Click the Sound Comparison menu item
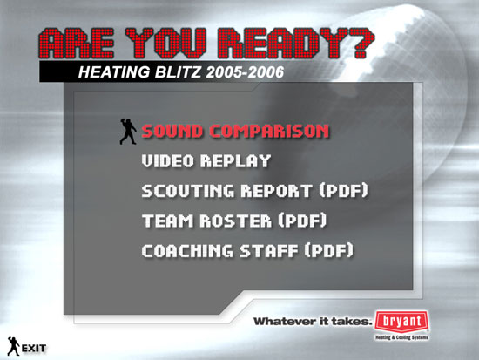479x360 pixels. pyautogui.click(x=235, y=132)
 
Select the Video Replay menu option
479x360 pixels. pyautogui.click(x=206, y=161)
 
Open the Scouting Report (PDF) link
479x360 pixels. pyautogui.click(x=255, y=191)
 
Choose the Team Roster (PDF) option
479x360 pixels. pyautogui.click(x=234, y=221)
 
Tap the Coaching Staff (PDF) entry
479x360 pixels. pyautogui.click(x=247, y=250)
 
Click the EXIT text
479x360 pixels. pyautogui.click(x=34, y=348)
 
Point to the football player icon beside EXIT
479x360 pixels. pyautogui.click(x=13, y=346)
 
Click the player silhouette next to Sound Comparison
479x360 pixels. pyautogui.click(x=128, y=132)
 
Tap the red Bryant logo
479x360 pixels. pyautogui.click(x=401, y=323)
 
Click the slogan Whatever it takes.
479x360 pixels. pyautogui.click(x=312, y=322)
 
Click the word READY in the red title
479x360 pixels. pyautogui.click(x=282, y=43)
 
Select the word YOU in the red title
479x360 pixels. pyautogui.click(x=165, y=43)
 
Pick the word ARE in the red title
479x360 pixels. pyautogui.click(x=77, y=43)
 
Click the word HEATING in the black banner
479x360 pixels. pyautogui.click(x=114, y=72)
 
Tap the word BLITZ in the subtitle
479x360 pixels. pyautogui.click(x=178, y=72)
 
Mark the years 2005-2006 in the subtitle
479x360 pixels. pyautogui.click(x=245, y=72)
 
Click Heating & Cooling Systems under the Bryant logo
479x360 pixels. pyautogui.click(x=401, y=337)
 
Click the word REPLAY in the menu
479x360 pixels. pyautogui.click(x=235, y=161)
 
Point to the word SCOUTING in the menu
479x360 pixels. pyautogui.click(x=188, y=191)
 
